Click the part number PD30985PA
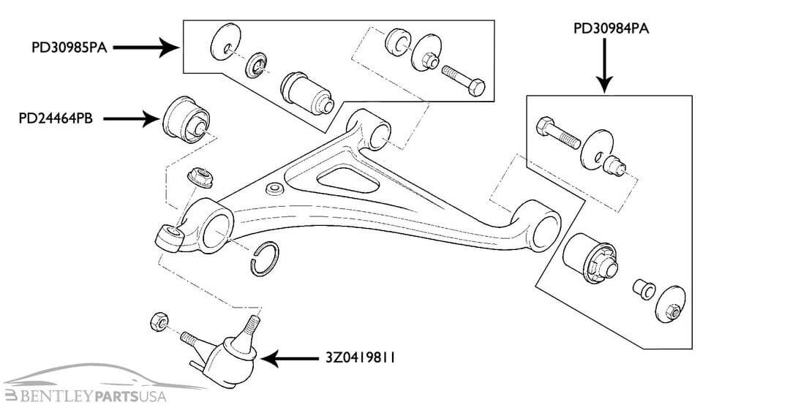(68, 49)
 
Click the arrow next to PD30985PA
(147, 48)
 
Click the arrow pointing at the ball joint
(289, 359)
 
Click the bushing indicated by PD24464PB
(186, 118)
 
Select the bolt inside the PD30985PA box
(462, 80)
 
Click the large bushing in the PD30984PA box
(591, 259)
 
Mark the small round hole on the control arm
(275, 189)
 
